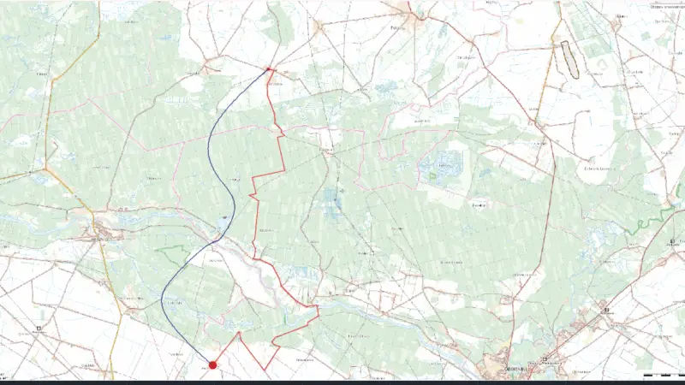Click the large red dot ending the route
(x=212, y=364)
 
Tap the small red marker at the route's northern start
(x=269, y=69)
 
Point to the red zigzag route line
(x=283, y=154)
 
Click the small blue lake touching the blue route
(x=223, y=219)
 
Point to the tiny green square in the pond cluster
(x=432, y=175)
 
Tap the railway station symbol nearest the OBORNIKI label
(x=544, y=360)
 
